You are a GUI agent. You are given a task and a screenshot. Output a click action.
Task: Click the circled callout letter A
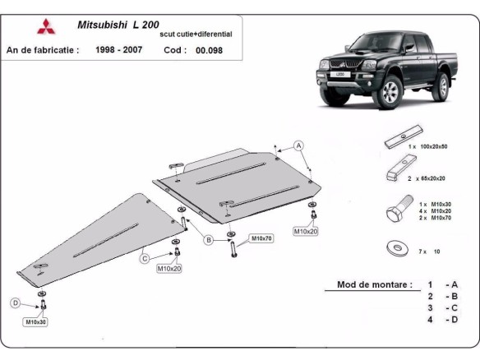point(300,145)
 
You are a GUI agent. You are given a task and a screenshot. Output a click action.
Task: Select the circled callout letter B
point(209,240)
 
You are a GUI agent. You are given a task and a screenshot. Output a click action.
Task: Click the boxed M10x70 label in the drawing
point(261,238)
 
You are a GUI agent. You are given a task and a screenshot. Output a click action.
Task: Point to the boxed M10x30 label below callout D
point(36,321)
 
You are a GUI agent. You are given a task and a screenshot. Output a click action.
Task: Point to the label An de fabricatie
point(43,50)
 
